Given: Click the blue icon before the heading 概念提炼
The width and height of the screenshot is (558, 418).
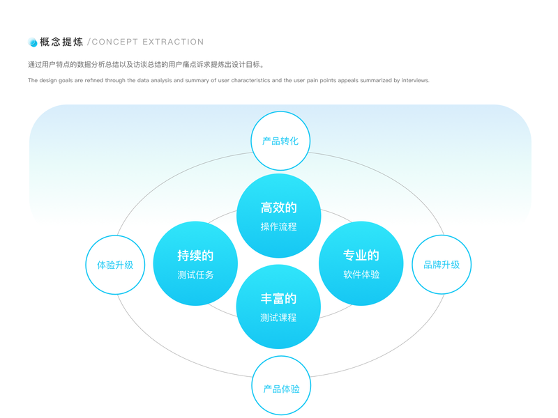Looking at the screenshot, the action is click(x=32, y=42).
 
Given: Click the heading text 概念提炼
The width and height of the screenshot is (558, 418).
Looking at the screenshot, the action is click(x=61, y=42).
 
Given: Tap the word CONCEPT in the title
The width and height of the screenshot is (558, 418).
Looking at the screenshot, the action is click(x=114, y=42).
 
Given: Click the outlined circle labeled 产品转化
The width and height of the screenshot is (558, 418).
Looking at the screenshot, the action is click(x=280, y=141).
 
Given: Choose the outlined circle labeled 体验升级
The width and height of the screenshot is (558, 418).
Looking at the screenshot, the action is click(x=115, y=265).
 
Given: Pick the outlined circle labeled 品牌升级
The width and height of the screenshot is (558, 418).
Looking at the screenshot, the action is click(x=442, y=265).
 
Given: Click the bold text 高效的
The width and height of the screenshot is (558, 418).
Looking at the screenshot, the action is click(x=279, y=208).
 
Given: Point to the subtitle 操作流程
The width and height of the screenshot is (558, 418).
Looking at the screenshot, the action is click(x=279, y=226).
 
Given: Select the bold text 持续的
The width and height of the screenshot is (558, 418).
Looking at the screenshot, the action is click(x=195, y=256).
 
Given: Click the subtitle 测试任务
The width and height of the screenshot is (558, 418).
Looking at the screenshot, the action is click(x=195, y=274).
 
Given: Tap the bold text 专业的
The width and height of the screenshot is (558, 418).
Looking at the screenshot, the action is click(x=361, y=256).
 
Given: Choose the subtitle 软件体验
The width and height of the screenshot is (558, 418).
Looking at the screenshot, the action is click(x=361, y=274).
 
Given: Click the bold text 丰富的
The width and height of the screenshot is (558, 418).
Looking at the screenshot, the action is click(x=279, y=298).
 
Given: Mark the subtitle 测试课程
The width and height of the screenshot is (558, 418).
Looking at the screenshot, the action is click(x=279, y=317).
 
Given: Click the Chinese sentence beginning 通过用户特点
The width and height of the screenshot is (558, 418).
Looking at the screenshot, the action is click(x=146, y=65).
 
